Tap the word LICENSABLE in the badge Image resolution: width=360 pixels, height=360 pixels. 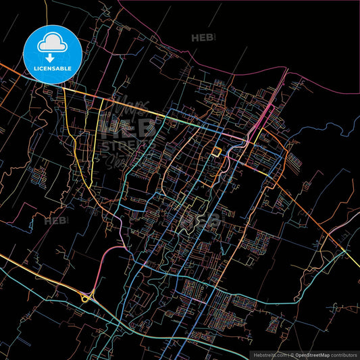[x=53, y=68]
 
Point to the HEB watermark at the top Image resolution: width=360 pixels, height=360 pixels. [x=202, y=38]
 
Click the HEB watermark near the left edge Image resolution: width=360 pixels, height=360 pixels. [x=55, y=220]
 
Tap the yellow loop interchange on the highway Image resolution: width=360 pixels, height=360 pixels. [x=86, y=297]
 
